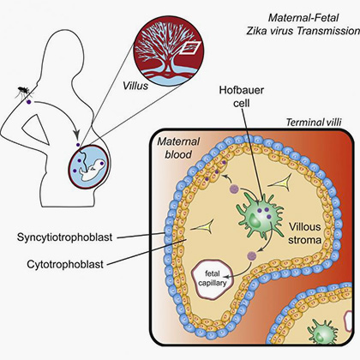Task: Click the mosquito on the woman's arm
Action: click(x=24, y=91)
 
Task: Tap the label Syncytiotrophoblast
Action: click(x=65, y=237)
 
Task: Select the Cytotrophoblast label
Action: click(x=65, y=264)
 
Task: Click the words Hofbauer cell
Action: click(x=242, y=96)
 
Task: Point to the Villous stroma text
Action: click(x=304, y=233)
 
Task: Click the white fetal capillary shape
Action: click(x=213, y=279)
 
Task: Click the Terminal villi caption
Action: click(x=314, y=123)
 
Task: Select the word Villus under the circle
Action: click(x=135, y=86)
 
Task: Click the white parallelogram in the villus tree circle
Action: click(x=190, y=48)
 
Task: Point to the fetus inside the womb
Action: click(x=92, y=170)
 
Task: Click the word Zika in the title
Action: click(x=256, y=31)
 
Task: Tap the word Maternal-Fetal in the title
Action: click(x=303, y=18)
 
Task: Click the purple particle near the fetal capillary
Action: click(x=252, y=255)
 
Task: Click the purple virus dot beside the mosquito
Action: click(x=28, y=102)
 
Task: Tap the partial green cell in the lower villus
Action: click(x=322, y=332)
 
